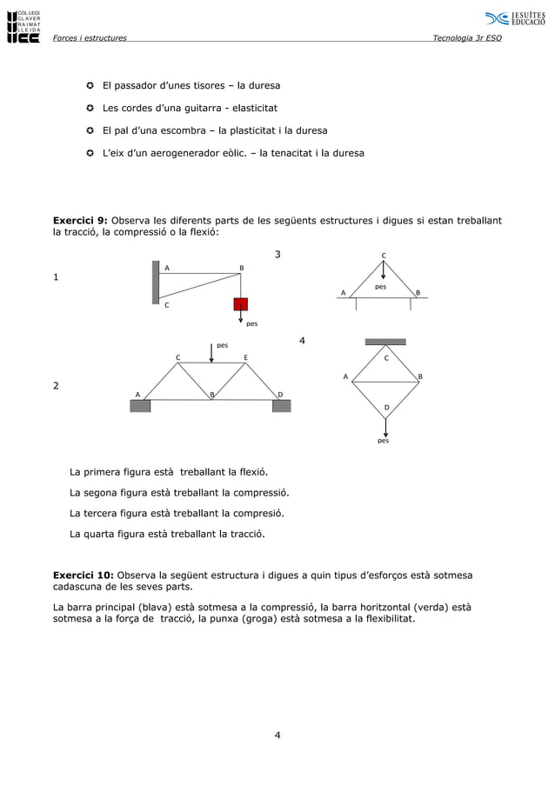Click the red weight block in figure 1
point(240,304)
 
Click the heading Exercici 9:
point(81,221)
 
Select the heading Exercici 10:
point(84,575)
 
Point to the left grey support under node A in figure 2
point(140,406)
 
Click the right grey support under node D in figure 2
point(281,406)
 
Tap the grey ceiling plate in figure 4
point(385,342)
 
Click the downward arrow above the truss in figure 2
point(211,352)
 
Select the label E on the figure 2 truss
point(246,357)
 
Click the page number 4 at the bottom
point(277,736)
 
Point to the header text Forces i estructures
point(90,38)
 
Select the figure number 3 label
point(278,254)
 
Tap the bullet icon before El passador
point(90,86)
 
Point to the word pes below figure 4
point(383,441)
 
